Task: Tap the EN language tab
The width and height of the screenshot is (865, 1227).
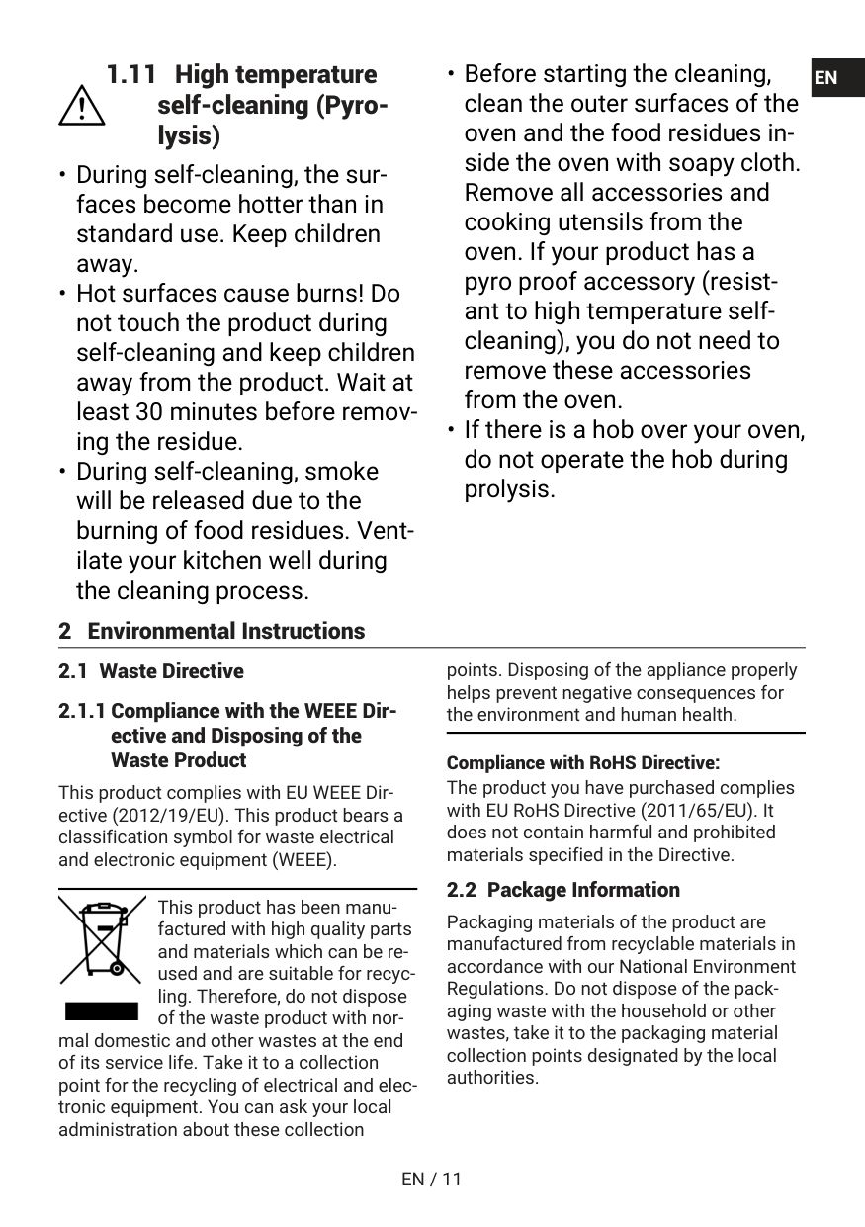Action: [827, 78]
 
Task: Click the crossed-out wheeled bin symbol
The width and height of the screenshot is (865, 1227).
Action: [102, 939]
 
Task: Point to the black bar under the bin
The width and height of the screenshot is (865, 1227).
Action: [102, 1010]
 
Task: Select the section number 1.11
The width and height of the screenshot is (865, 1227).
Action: [131, 75]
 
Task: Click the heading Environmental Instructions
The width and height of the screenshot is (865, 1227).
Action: [225, 631]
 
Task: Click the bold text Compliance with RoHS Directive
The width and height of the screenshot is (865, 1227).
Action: [583, 763]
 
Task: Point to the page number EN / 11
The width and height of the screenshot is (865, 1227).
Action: [432, 1179]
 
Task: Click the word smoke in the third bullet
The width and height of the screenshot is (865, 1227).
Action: [341, 472]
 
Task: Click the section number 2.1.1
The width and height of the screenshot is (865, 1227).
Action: [83, 712]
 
